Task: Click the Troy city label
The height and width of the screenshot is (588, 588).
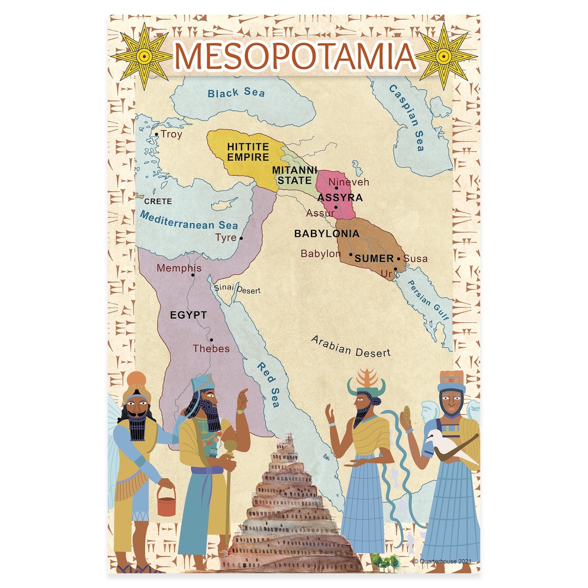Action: (x=171, y=134)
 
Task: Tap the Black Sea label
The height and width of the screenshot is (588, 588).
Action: (x=236, y=93)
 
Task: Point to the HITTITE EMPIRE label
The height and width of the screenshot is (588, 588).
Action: (x=248, y=152)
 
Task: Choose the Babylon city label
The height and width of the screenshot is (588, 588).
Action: (x=321, y=254)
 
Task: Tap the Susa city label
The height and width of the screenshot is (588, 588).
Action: (x=415, y=259)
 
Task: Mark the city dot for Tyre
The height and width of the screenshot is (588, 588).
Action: (x=241, y=238)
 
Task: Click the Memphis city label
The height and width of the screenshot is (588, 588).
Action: (x=179, y=268)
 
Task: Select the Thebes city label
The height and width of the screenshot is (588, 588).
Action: (x=211, y=348)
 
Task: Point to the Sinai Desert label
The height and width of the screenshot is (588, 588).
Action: (x=237, y=289)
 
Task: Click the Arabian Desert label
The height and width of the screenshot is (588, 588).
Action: (x=351, y=346)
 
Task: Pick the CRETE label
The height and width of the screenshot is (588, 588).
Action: (x=158, y=201)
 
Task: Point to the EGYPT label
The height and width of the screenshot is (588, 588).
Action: (x=188, y=315)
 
